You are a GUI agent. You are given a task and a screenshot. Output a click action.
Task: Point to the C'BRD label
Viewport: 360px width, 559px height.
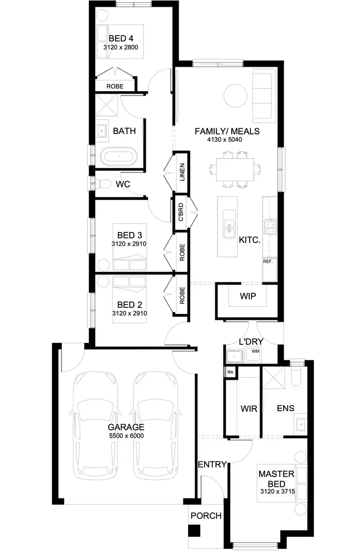[181, 212]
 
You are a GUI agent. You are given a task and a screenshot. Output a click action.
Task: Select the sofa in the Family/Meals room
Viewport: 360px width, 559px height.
[264, 96]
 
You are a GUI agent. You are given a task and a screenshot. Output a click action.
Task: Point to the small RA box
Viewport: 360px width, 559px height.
[230, 372]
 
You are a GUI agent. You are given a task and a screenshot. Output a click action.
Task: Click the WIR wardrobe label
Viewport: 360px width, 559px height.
[249, 409]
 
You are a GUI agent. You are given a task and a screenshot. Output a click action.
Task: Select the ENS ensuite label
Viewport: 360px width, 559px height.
[286, 409]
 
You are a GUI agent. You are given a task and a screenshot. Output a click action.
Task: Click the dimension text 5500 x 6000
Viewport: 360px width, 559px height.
[126, 436]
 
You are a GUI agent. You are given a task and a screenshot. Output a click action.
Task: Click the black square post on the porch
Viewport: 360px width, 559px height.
[194, 531]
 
